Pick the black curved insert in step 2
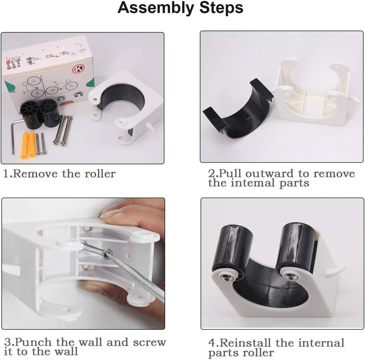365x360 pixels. [235, 111]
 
